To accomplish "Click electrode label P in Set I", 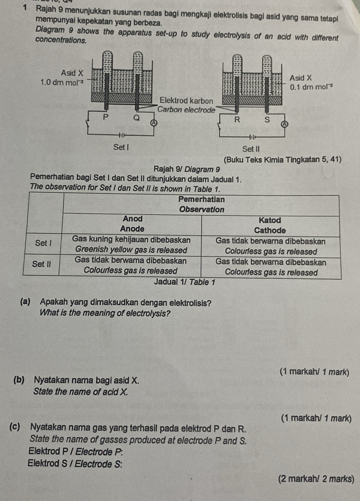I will point(105,117).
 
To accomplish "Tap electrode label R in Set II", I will point(237,119).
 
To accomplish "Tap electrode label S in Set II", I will point(267,119).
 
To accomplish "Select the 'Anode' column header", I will point(132,229).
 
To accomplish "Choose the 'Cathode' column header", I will point(270,230).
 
